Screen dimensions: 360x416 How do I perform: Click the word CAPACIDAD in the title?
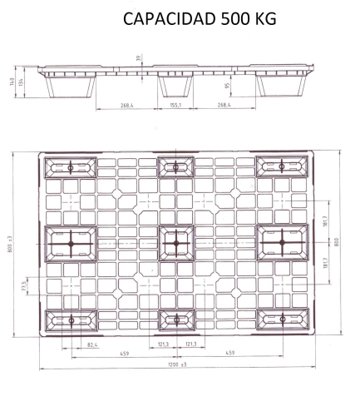(x=169, y=19)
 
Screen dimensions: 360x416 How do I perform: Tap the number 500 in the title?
(x=234, y=19)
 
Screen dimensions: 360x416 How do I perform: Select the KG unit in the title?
(x=265, y=19)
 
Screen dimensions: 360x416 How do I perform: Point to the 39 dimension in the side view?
(x=138, y=58)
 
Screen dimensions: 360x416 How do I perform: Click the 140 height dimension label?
(x=12, y=82)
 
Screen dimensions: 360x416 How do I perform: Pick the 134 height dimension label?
(x=21, y=82)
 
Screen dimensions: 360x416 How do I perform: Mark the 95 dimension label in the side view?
(x=228, y=86)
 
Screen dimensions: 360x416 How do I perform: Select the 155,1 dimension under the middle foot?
(x=175, y=105)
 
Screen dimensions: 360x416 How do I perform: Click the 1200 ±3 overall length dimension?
(x=177, y=364)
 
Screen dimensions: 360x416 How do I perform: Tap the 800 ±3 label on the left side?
(x=10, y=244)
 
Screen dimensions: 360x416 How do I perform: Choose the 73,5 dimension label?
(x=24, y=286)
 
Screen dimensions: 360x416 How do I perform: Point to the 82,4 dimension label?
(x=92, y=345)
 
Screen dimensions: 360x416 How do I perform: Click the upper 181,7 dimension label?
(x=325, y=220)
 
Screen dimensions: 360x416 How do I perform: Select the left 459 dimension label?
(x=125, y=354)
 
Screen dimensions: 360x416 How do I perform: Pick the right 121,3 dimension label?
(x=191, y=344)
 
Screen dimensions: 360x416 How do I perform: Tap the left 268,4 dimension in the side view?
(x=126, y=106)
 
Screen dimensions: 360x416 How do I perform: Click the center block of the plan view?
(x=176, y=243)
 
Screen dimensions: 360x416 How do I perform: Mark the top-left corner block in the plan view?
(x=71, y=167)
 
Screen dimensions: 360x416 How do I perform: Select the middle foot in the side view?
(x=175, y=87)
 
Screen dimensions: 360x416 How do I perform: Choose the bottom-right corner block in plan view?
(x=283, y=319)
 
